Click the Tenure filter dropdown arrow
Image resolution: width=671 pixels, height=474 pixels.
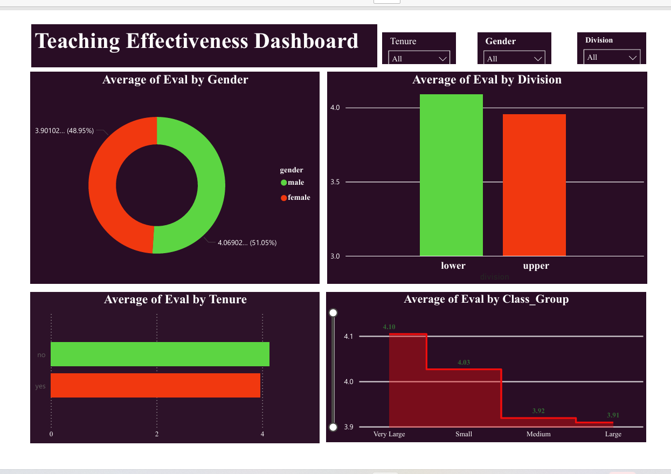coord(443,58)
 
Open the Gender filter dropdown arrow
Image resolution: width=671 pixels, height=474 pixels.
coord(538,58)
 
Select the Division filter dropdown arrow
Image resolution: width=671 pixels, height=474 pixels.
coord(633,57)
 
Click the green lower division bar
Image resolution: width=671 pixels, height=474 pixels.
coord(451,175)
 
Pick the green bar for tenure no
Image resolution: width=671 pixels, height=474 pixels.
coord(160,354)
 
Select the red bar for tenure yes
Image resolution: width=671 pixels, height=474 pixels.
coord(155,385)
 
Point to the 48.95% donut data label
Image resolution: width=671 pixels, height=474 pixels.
coord(64,130)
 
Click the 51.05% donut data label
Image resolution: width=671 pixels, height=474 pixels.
coord(247,243)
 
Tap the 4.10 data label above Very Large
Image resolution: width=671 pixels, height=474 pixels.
coord(389,327)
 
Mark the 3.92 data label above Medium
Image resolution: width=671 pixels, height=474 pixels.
coord(538,411)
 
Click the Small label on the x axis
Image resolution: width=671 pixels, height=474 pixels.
coord(464,434)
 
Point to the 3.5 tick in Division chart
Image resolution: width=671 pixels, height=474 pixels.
coord(335,182)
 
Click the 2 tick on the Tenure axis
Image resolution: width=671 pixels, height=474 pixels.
coord(157,434)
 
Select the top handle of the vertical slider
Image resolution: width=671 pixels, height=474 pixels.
coord(333,313)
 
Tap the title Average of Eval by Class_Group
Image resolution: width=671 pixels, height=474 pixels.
coord(486,299)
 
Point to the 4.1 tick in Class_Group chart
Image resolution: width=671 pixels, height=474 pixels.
coord(348,337)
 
